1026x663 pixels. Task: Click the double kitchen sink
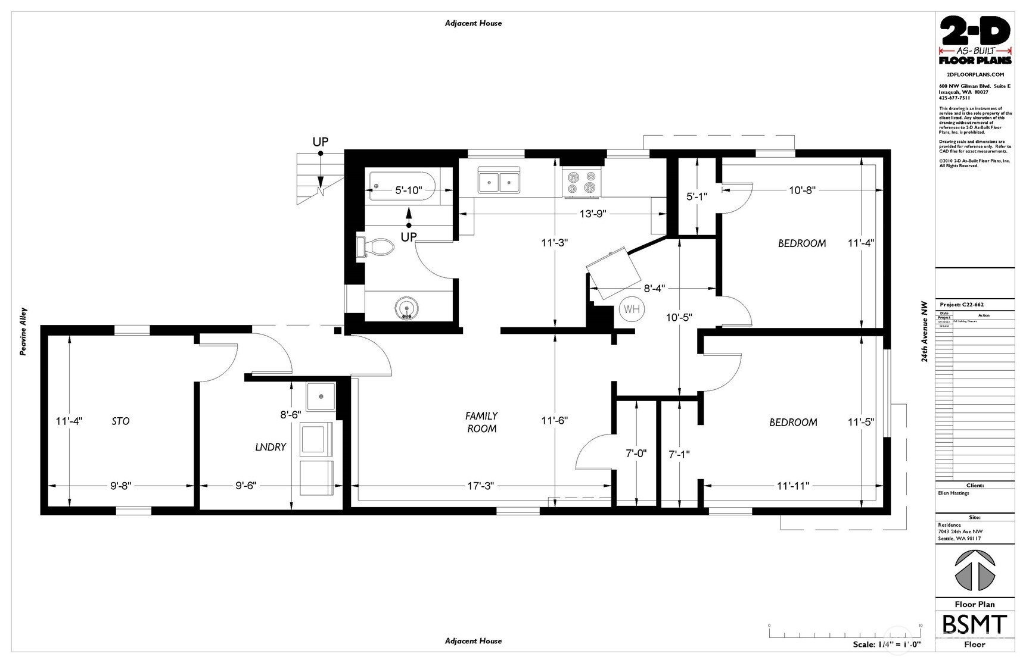[x=499, y=180]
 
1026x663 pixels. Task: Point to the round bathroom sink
[x=407, y=308]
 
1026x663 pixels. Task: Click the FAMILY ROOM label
[x=481, y=422]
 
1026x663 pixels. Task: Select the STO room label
[x=120, y=421]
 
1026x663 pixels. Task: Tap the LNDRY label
[x=271, y=447]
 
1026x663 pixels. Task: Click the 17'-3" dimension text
[x=481, y=486]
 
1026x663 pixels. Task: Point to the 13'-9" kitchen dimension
[x=592, y=214]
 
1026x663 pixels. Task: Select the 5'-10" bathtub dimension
[x=409, y=190]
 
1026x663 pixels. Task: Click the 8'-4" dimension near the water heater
[x=654, y=289]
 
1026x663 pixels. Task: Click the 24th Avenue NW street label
[x=924, y=331]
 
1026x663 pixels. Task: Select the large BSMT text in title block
[x=975, y=625]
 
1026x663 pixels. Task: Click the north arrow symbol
[x=975, y=571]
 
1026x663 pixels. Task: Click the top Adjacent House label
[x=473, y=23]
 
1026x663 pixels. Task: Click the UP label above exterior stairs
[x=321, y=142]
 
